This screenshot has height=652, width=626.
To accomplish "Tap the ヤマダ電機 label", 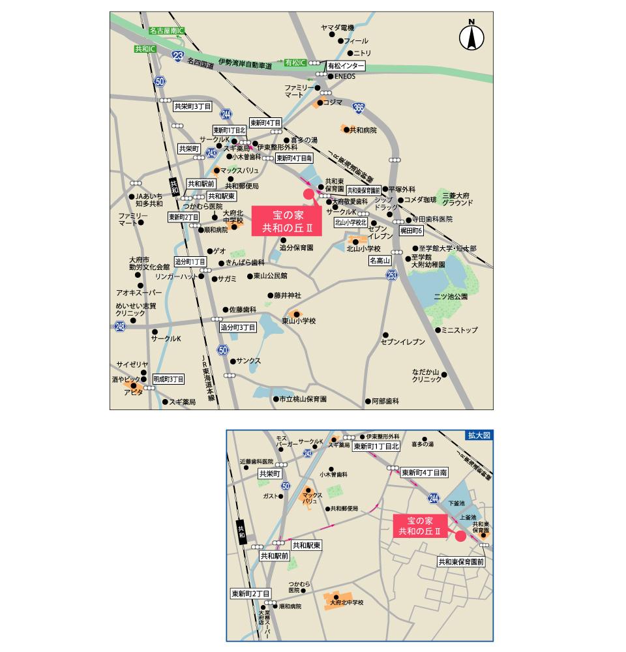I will coord(338,28).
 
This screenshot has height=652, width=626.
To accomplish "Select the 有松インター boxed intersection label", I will coord(345,66).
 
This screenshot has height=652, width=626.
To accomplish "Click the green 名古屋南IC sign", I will coord(167,31).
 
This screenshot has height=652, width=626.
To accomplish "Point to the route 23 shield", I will coord(179,57).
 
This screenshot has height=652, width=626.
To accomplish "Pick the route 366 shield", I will coord(357,107).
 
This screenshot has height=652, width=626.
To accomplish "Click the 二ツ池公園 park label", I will coord(451,297).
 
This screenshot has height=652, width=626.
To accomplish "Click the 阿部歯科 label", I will coord(385,402).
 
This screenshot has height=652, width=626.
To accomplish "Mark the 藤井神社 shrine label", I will coord(288,295).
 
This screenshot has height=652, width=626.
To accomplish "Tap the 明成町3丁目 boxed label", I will coord(169,379).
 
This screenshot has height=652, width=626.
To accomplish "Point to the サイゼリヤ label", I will coord(132,364).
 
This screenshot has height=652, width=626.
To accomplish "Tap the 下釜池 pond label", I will coord(456,504).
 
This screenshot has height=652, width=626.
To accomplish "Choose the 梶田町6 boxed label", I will coord(411,231).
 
